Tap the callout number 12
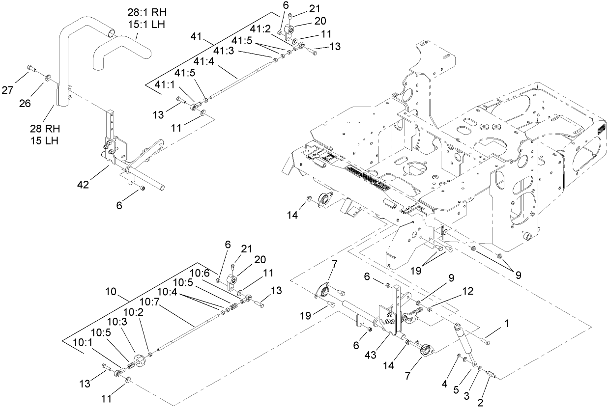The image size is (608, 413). click(467, 291)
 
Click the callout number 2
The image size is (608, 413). click(481, 403)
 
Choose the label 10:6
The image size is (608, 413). click(200, 273)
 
